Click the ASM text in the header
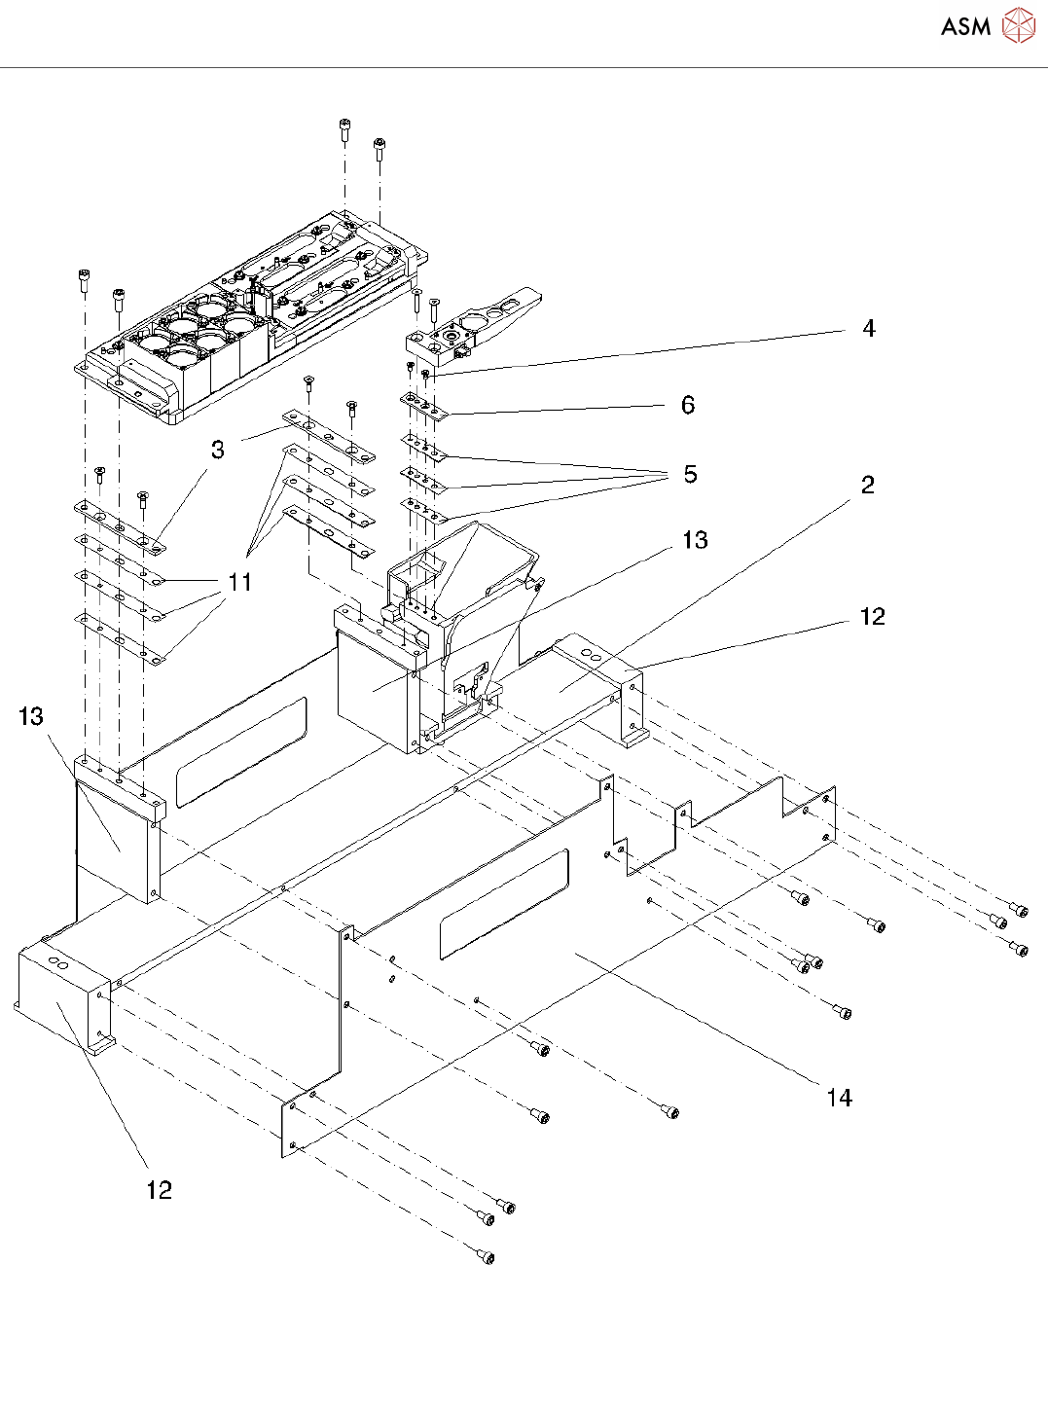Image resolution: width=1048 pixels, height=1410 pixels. coord(965,26)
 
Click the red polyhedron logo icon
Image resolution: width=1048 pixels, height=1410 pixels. coord(1019,25)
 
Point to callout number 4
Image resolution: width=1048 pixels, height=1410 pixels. coord(869,328)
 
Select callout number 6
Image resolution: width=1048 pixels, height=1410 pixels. coord(688,405)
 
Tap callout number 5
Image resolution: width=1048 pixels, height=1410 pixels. coord(691,474)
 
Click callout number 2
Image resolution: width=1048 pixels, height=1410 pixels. coord(867,485)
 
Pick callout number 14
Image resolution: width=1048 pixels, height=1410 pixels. coord(840,1098)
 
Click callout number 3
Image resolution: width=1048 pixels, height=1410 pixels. coord(218,450)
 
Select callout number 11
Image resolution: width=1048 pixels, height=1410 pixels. coord(239,582)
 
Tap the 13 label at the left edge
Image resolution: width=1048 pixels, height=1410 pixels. coord(30,716)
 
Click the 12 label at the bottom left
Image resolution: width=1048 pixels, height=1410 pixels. coord(159,1190)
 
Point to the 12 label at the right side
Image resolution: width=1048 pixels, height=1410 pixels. coord(873,616)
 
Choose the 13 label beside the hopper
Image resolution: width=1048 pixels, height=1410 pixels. coord(695,540)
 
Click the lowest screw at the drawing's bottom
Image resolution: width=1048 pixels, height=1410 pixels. coord(486,1256)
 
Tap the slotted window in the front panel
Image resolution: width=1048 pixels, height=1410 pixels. coord(504,903)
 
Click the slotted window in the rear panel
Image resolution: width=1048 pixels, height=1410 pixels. coord(241,752)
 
